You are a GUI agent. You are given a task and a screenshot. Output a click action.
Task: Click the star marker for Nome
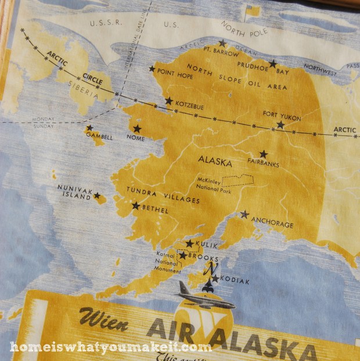137,128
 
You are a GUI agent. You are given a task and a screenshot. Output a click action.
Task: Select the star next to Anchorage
244,214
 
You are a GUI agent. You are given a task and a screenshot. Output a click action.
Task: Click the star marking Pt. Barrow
222,43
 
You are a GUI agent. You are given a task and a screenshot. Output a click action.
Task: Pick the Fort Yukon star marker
280,124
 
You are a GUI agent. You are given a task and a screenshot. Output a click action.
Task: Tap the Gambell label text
99,136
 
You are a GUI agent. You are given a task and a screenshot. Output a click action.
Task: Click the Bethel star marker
135,205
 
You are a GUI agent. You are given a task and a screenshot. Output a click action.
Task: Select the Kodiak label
235,281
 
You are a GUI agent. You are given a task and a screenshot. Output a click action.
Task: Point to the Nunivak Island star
97,196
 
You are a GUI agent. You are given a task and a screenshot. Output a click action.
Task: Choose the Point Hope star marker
152,69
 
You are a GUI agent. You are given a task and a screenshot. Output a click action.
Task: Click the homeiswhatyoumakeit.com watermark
110,348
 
